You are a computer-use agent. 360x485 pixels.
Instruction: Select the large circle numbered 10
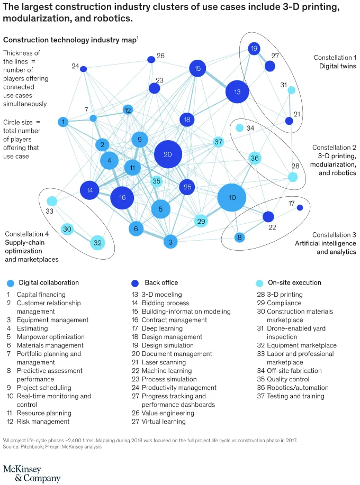pos(232,198)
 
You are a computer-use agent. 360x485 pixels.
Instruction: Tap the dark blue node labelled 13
pos(237,92)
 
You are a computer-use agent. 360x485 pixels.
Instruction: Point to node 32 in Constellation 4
pos(97,243)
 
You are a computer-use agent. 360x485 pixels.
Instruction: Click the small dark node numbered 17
pos(300,207)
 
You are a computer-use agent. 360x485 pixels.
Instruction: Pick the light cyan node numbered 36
pos(255,158)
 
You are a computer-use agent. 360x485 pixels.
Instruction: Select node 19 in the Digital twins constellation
pos(254,49)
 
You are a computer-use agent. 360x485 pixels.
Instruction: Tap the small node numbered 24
pos(83,69)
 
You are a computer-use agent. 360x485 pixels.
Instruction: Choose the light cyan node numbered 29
pos(201,221)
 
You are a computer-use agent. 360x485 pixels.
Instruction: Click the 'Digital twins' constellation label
pos(337,66)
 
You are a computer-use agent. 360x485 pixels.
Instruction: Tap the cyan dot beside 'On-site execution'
pos(259,283)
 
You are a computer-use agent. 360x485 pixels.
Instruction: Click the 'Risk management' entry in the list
pos(43,422)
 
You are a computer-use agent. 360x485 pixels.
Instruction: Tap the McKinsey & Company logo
pos(32,473)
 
